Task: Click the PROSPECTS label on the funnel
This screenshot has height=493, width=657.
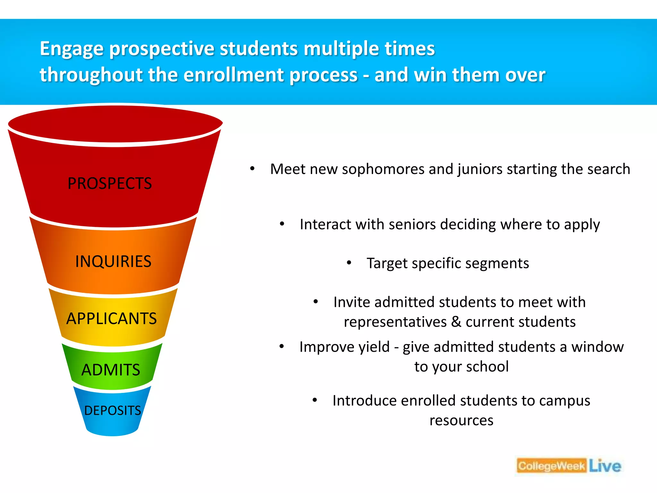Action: point(109,184)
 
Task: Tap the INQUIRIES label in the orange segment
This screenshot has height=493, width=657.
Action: point(113,261)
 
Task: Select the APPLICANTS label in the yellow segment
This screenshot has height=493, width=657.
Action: point(111,319)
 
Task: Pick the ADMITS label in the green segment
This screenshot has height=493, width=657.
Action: point(111,370)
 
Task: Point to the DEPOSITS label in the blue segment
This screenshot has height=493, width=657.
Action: point(113,411)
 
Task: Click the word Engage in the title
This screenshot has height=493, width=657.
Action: point(72,49)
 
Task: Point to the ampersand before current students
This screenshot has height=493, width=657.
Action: point(456,322)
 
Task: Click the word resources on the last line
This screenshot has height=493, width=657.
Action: point(461,420)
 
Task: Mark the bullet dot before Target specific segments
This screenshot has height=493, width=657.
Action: point(349,263)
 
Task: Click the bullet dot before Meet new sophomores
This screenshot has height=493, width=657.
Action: point(252,169)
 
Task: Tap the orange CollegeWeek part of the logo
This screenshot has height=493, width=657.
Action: point(551,466)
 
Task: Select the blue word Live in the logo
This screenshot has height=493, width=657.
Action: point(605,466)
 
